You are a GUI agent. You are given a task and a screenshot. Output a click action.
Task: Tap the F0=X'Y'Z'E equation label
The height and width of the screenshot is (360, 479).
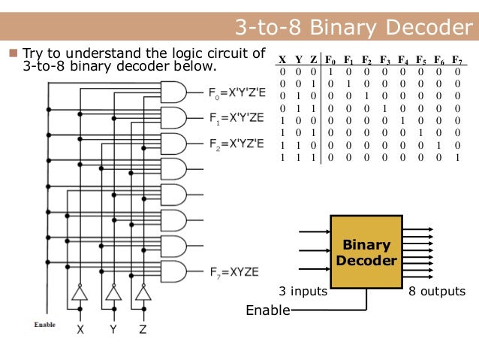[236, 95]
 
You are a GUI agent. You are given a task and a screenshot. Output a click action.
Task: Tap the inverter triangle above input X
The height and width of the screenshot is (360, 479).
[78, 293]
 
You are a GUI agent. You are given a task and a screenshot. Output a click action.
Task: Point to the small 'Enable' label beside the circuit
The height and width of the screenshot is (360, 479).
[45, 324]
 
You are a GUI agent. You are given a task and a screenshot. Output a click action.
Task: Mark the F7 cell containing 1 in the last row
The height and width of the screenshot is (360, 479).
[456, 157]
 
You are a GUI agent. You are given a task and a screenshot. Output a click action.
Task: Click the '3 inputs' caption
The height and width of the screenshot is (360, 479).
[302, 292]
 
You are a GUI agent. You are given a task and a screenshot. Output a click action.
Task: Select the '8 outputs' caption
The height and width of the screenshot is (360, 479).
[436, 292]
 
